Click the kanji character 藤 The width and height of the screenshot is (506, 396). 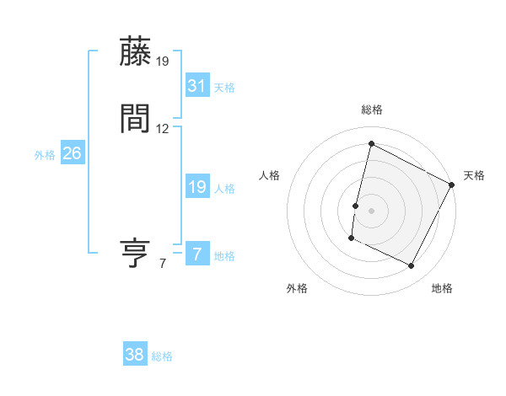(x=137, y=52)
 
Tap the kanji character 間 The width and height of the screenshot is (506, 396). (x=137, y=119)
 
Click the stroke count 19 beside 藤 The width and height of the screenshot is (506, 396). (x=163, y=62)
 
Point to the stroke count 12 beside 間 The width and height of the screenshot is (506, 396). (x=163, y=129)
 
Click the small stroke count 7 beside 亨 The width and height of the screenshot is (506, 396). (x=163, y=264)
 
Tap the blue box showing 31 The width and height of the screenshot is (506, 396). (x=196, y=85)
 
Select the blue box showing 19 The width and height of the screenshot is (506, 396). (x=196, y=187)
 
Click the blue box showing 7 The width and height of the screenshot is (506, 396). (x=196, y=254)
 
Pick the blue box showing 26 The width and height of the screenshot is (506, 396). (x=73, y=153)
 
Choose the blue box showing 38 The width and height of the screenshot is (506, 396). (x=135, y=355)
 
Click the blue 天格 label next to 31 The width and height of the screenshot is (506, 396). (x=224, y=88)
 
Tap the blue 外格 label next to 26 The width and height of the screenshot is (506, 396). (x=45, y=155)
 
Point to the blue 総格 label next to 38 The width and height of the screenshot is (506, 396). (x=162, y=357)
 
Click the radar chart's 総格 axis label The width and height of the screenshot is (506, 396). (x=371, y=110)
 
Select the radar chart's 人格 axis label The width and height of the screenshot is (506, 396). (x=270, y=175)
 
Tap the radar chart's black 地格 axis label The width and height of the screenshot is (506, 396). (x=442, y=288)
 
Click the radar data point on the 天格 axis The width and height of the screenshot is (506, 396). (x=453, y=185)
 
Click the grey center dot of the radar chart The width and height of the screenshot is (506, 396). (x=371, y=211)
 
